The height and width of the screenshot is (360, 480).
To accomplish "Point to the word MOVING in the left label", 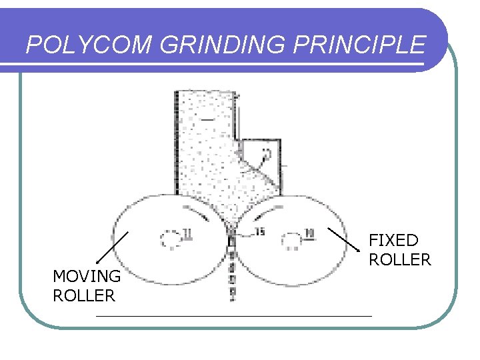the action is pyautogui.click(x=87, y=277).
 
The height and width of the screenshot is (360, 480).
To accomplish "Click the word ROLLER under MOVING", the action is pyautogui.click(x=84, y=295).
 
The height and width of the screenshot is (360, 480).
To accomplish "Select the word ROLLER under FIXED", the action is pyautogui.click(x=400, y=260).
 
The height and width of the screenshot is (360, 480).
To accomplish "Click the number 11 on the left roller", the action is pyautogui.click(x=188, y=233).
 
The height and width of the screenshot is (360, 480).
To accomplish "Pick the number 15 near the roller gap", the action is pyautogui.click(x=260, y=231).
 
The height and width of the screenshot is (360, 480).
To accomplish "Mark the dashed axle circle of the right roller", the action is pyautogui.click(x=291, y=240).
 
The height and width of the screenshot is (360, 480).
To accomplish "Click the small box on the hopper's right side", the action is pyautogui.click(x=261, y=157).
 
